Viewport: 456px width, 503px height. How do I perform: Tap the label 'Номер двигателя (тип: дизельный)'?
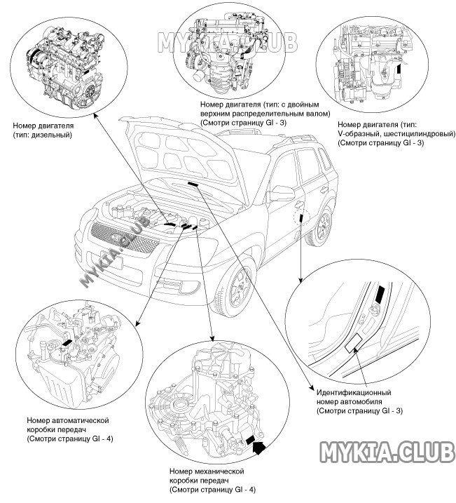click(43, 130)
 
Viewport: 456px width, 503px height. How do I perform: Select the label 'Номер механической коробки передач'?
click(210, 478)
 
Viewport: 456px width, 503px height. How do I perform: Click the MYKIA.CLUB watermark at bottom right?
click(387, 453)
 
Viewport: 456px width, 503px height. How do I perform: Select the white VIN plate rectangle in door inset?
click(353, 342)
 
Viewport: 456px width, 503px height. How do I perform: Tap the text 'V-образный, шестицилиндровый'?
click(382, 133)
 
